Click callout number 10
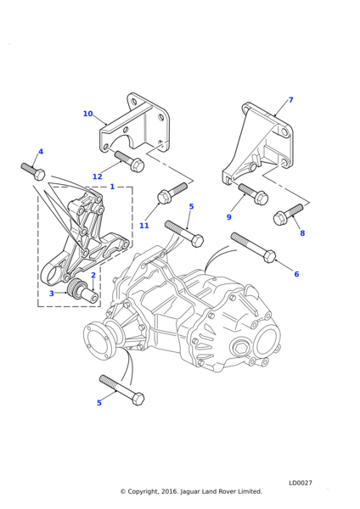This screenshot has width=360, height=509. click(87, 114)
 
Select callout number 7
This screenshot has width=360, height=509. click(290, 99)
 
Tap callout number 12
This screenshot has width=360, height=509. click(97, 176)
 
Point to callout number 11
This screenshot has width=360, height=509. click(144, 226)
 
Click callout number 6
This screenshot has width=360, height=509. click(296, 274)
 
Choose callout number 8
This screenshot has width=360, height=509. click(302, 232)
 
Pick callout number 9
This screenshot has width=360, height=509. click(228, 217)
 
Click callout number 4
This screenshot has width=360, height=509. click(41, 151)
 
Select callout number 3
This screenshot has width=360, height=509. click(51, 294)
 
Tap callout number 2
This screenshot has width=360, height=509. click(93, 275)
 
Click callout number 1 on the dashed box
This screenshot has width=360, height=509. click(112, 187)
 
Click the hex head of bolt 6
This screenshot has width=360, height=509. click(270, 256)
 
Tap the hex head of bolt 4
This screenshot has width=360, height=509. click(39, 175)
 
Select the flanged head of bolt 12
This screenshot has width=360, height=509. click(138, 165)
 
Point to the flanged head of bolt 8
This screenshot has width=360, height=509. click(279, 218)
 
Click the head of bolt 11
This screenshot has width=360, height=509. click(163, 198)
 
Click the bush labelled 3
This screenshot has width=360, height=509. click(76, 288)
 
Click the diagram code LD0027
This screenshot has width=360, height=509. click(301, 483)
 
